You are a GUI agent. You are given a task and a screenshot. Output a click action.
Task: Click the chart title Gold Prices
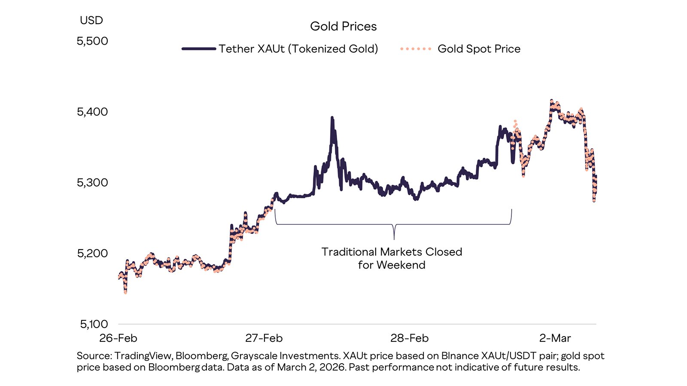[x=343, y=27]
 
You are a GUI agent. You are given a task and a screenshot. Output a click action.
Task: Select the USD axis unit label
[x=91, y=20]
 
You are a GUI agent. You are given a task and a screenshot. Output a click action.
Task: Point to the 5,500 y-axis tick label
[x=92, y=41]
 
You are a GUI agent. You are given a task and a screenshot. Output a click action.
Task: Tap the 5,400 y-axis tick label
[x=92, y=112]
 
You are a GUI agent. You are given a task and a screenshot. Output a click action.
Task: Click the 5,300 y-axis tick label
[x=92, y=183]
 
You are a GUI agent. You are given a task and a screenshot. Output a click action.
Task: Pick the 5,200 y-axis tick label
[x=92, y=253]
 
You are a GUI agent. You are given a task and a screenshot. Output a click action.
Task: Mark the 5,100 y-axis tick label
[x=94, y=324]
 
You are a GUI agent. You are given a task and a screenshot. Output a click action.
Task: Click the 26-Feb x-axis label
[x=118, y=338]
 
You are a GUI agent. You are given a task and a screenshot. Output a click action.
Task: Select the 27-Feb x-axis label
[x=264, y=338]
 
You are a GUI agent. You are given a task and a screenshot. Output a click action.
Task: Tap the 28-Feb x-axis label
[x=409, y=338]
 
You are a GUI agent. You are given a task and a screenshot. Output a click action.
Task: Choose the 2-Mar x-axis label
[x=555, y=338]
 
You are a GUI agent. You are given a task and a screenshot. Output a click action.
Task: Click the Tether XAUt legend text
[x=298, y=49]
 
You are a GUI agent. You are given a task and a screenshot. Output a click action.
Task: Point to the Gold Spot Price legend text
[x=479, y=49]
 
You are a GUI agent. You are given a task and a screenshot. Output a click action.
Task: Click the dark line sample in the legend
[x=198, y=49]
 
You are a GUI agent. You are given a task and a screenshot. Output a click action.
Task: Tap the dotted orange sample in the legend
[x=415, y=49]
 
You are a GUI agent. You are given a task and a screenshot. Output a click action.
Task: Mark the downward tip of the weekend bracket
[x=394, y=238]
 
